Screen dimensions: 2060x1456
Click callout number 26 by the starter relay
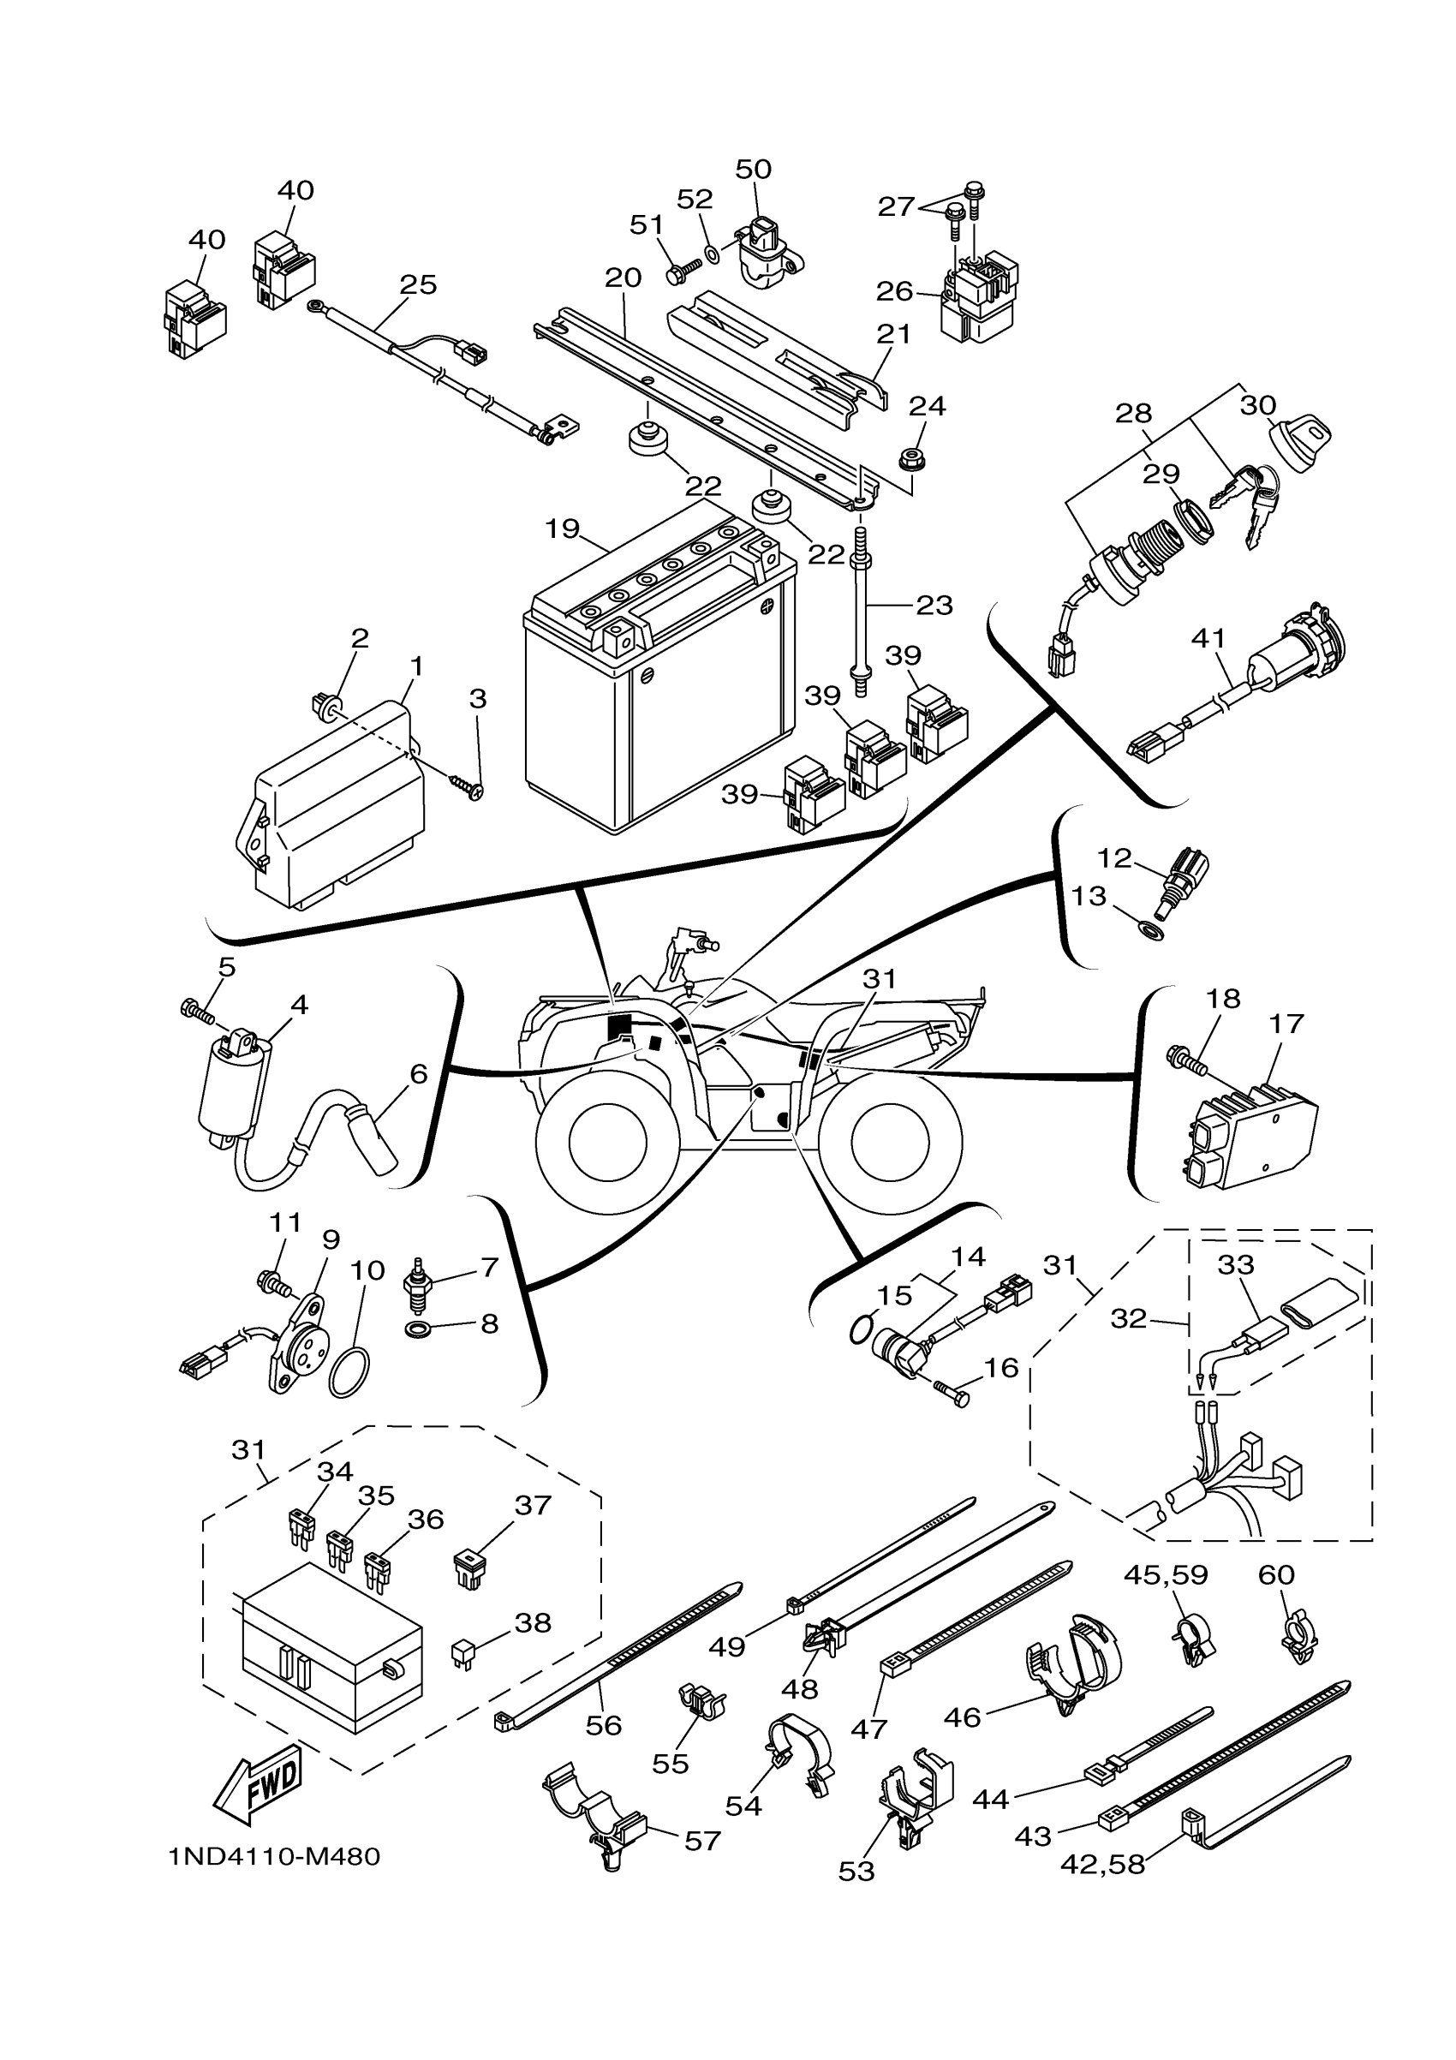[893, 290]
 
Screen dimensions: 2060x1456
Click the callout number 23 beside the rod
[934, 605]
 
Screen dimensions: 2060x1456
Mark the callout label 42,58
[1102, 1865]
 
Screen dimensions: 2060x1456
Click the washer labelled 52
[713, 254]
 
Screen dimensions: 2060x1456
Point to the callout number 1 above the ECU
[416, 666]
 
